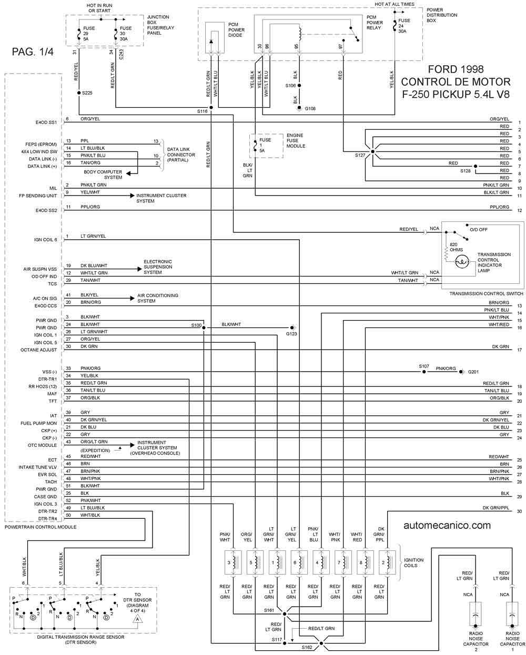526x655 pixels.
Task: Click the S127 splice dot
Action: pyautogui.click(x=372, y=151)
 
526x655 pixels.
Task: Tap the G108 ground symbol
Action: pyautogui.click(x=299, y=108)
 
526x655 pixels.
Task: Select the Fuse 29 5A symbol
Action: pyautogui.click(x=79, y=34)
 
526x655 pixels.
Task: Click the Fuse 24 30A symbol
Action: pyautogui.click(x=394, y=26)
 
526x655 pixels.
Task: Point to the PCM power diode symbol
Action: pyautogui.click(x=211, y=42)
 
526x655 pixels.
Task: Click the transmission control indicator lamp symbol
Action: pyautogui.click(x=462, y=262)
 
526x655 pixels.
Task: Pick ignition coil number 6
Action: pyautogui.click(x=299, y=563)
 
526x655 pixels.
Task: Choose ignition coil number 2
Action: pyautogui.click(x=387, y=563)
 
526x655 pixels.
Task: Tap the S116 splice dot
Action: pyautogui.click(x=211, y=107)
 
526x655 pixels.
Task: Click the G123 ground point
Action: pyautogui.click(x=292, y=327)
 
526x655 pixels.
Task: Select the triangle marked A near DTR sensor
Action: pyautogui.click(x=137, y=619)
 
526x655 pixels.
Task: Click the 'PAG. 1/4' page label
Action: pyautogui.click(x=33, y=52)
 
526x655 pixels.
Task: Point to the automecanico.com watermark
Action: pyautogui.click(x=447, y=525)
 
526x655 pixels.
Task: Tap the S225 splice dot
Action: pyautogui.click(x=79, y=93)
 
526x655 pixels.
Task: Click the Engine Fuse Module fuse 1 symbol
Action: pyautogui.click(x=255, y=146)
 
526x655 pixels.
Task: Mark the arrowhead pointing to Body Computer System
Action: pyautogui.click(x=128, y=173)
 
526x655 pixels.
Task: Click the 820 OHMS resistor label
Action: pyautogui.click(x=456, y=247)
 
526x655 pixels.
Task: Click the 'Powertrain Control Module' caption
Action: pyautogui.click(x=41, y=527)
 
